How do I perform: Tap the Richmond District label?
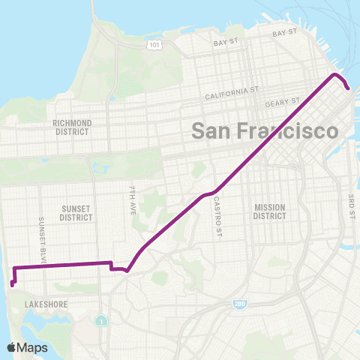tap(72, 127)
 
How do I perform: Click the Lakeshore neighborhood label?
tap(46, 304)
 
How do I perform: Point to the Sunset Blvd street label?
tap(42, 229)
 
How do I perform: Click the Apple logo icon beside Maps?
tap(12, 347)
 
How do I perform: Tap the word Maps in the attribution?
tap(32, 347)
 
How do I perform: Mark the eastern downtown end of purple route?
tap(349, 88)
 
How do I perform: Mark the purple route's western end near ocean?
tap(12, 283)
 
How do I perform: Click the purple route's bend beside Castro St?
tap(206, 194)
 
